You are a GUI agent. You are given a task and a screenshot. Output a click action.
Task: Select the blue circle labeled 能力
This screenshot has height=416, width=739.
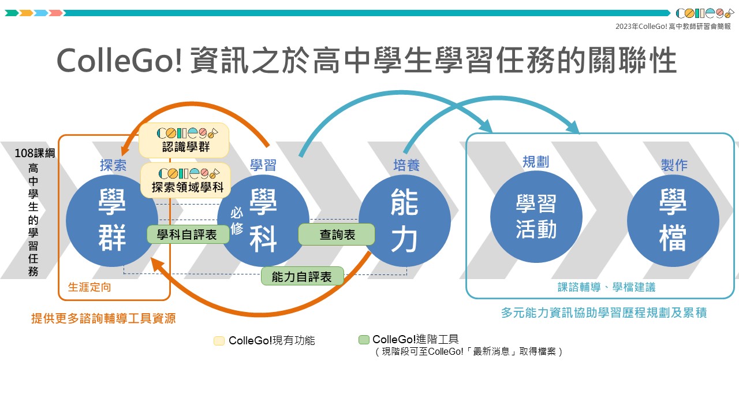pyautogui.click(x=405, y=222)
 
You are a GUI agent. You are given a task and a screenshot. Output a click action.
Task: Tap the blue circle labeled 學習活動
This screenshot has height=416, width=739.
pyautogui.click(x=536, y=217)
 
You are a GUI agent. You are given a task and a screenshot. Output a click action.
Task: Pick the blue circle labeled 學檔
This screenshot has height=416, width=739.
pyautogui.click(x=673, y=222)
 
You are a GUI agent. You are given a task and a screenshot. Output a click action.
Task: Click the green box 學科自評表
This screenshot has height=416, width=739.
pyautogui.click(x=187, y=234)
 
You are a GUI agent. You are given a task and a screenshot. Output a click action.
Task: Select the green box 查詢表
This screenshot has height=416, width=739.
pyautogui.click(x=337, y=234)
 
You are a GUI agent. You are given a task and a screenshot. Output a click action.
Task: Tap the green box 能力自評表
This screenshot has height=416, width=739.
pyautogui.click(x=302, y=276)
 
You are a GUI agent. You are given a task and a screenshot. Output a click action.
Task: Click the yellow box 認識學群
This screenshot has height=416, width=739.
pyautogui.click(x=184, y=140)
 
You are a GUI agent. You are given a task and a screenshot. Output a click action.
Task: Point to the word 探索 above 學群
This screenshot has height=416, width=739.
pyautogui.click(x=113, y=165)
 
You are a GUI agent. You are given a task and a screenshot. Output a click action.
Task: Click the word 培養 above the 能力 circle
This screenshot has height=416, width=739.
pyautogui.click(x=406, y=165)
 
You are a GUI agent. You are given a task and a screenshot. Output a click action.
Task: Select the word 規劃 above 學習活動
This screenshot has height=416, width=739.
pyautogui.click(x=536, y=162)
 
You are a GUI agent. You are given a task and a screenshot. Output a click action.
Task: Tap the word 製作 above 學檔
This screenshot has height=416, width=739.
pyautogui.click(x=674, y=165)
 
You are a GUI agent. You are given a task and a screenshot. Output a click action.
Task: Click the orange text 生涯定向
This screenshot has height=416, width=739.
pyautogui.click(x=89, y=287)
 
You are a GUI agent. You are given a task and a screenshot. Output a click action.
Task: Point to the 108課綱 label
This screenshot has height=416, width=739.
pyautogui.click(x=36, y=154)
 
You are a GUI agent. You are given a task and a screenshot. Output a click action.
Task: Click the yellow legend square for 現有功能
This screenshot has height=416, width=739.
pyautogui.click(x=219, y=341)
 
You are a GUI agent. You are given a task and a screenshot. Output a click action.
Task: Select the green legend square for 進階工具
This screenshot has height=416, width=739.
pyautogui.click(x=364, y=340)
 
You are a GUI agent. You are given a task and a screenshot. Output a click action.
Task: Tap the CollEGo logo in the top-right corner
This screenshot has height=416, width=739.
pyautogui.click(x=704, y=13)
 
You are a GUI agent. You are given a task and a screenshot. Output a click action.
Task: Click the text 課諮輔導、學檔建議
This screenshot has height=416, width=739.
pyautogui.click(x=606, y=287)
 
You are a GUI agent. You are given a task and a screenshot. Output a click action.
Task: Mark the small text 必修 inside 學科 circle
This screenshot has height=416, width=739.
pyautogui.click(x=237, y=221)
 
